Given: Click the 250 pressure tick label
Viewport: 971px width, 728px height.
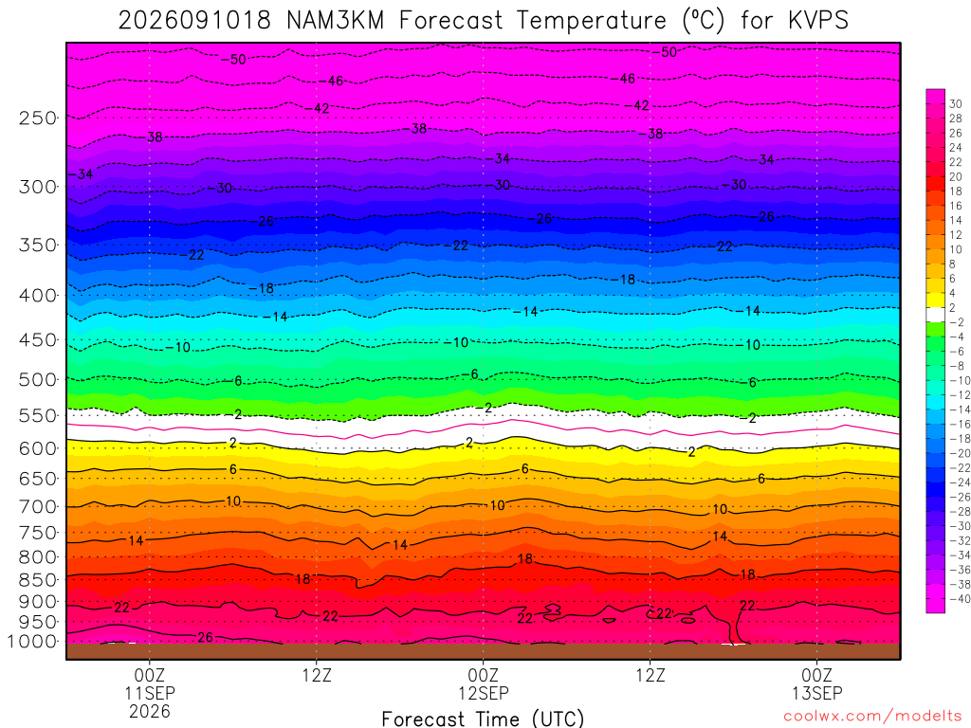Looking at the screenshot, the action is coord(37,118).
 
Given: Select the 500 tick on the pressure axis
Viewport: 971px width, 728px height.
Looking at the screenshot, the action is coord(37,379).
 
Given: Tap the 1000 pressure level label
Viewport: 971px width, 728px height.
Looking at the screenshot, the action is coord(33,642).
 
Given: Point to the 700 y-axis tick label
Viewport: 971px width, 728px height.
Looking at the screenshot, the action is coord(37,507).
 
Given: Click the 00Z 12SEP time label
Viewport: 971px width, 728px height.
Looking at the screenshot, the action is coord(483,683).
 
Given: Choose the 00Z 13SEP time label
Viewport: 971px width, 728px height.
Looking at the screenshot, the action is coord(816,683).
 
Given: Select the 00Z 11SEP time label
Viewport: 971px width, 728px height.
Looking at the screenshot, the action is coord(149,683).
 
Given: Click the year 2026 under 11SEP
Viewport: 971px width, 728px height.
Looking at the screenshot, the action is coord(149,711).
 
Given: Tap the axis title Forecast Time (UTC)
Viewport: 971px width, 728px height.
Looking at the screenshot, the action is coord(483,719).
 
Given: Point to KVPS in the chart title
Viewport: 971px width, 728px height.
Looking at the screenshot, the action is coord(818,21).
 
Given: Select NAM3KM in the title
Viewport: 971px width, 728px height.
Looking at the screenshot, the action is coord(335,21).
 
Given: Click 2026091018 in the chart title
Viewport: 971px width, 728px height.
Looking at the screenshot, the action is coord(194,21).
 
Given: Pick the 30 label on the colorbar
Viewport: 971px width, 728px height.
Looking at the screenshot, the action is coord(956,104).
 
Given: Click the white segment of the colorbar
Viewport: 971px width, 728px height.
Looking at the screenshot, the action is coord(935,315).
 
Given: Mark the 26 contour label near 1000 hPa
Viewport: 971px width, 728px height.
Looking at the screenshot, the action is coord(205,637).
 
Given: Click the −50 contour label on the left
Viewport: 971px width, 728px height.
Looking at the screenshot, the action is coord(233,60).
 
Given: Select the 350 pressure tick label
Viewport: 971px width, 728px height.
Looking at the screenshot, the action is coord(37,246).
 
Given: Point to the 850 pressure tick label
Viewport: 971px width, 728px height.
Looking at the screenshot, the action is coord(37,580).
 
